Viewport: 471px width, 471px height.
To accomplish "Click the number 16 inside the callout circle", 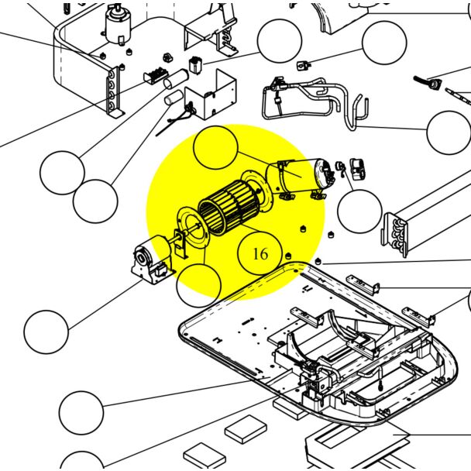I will pyautogui.click(x=260, y=253).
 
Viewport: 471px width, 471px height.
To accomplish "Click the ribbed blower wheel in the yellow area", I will pyautogui.click(x=225, y=209).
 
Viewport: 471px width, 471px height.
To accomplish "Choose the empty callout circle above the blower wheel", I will pyautogui.click(x=215, y=150).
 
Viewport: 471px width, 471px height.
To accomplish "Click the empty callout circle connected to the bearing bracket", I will pyautogui.click(x=46, y=332).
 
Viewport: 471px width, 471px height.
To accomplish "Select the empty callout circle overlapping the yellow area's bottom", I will pyautogui.click(x=198, y=285).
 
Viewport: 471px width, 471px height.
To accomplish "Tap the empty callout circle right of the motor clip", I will pyautogui.click(x=360, y=211).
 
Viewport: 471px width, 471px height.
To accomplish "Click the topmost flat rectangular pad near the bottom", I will pyautogui.click(x=246, y=427).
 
